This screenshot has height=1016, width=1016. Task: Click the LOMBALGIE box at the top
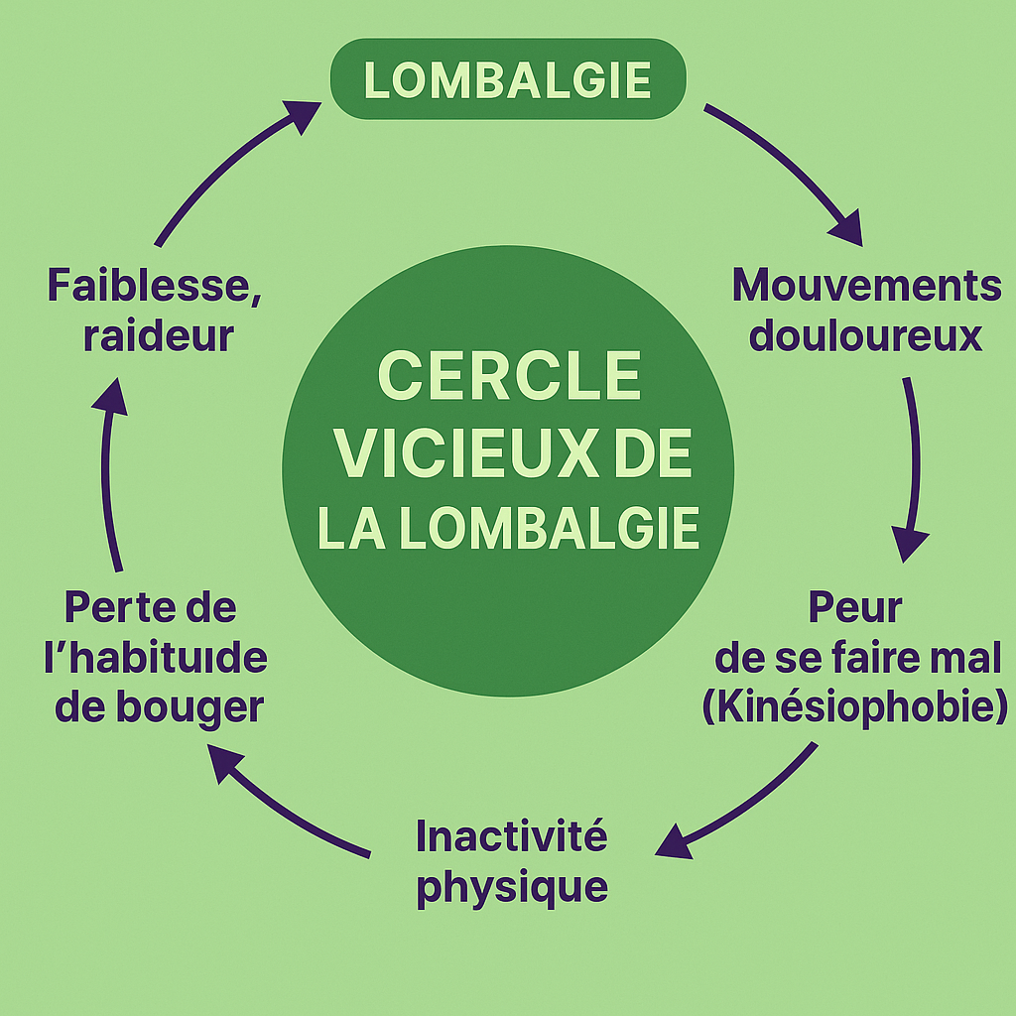pyautogui.click(x=507, y=79)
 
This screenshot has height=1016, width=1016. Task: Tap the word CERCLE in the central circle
pyautogui.click(x=508, y=378)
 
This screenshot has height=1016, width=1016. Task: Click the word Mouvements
pyautogui.click(x=866, y=286)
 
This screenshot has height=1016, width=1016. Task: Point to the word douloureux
pyautogui.click(x=865, y=335)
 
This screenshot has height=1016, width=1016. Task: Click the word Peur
pyautogui.click(x=854, y=606)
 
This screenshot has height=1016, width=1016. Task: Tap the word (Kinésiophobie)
pyautogui.click(x=855, y=707)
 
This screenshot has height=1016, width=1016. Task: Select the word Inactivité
pyautogui.click(x=511, y=836)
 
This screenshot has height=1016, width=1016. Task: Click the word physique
pyautogui.click(x=511, y=886)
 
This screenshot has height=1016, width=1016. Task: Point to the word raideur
pyautogui.click(x=159, y=335)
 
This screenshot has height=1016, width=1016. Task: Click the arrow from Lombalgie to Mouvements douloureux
pyautogui.click(x=789, y=169)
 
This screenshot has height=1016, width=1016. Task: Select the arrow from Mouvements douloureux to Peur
pyautogui.click(x=912, y=466)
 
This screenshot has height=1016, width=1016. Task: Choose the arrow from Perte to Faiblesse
pyautogui.click(x=110, y=466)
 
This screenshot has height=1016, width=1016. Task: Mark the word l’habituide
pyautogui.click(x=156, y=658)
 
